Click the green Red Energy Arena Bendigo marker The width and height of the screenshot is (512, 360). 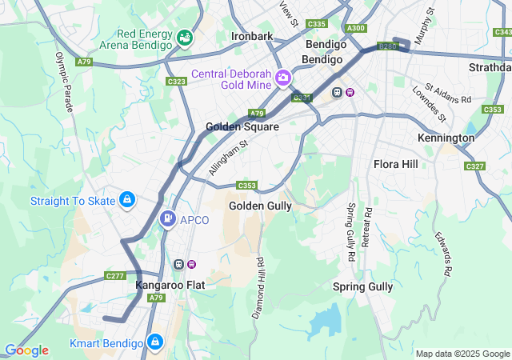click(x=185, y=38)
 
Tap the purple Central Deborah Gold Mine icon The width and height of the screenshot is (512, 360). click(x=282, y=78)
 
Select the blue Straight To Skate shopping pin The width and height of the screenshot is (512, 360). click(x=126, y=200)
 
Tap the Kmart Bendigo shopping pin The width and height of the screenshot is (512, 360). click(x=155, y=342)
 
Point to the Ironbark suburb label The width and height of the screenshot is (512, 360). click(x=252, y=36)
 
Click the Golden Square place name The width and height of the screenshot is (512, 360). click(x=242, y=126)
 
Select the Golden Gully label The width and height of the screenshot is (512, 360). click(x=260, y=206)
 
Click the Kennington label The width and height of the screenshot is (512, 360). click(x=446, y=138)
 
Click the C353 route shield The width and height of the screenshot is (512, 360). click(x=246, y=186)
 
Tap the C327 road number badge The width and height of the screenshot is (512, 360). click(x=474, y=166)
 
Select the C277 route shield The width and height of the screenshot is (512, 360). click(x=114, y=276)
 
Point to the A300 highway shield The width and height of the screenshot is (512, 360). click(x=356, y=28)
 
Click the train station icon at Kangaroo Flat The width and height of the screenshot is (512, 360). click(x=180, y=264)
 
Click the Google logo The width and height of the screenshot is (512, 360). click(x=26, y=350)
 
